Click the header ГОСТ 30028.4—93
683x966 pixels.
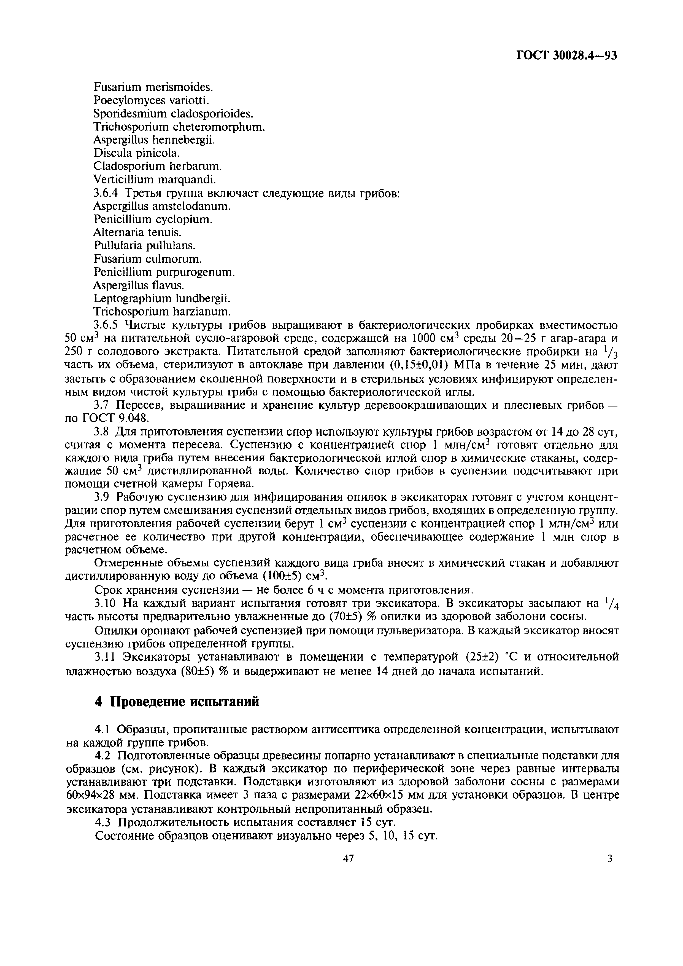coord(566,55)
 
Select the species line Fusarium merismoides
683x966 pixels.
coord(153,87)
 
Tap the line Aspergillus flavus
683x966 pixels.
coord(139,285)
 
